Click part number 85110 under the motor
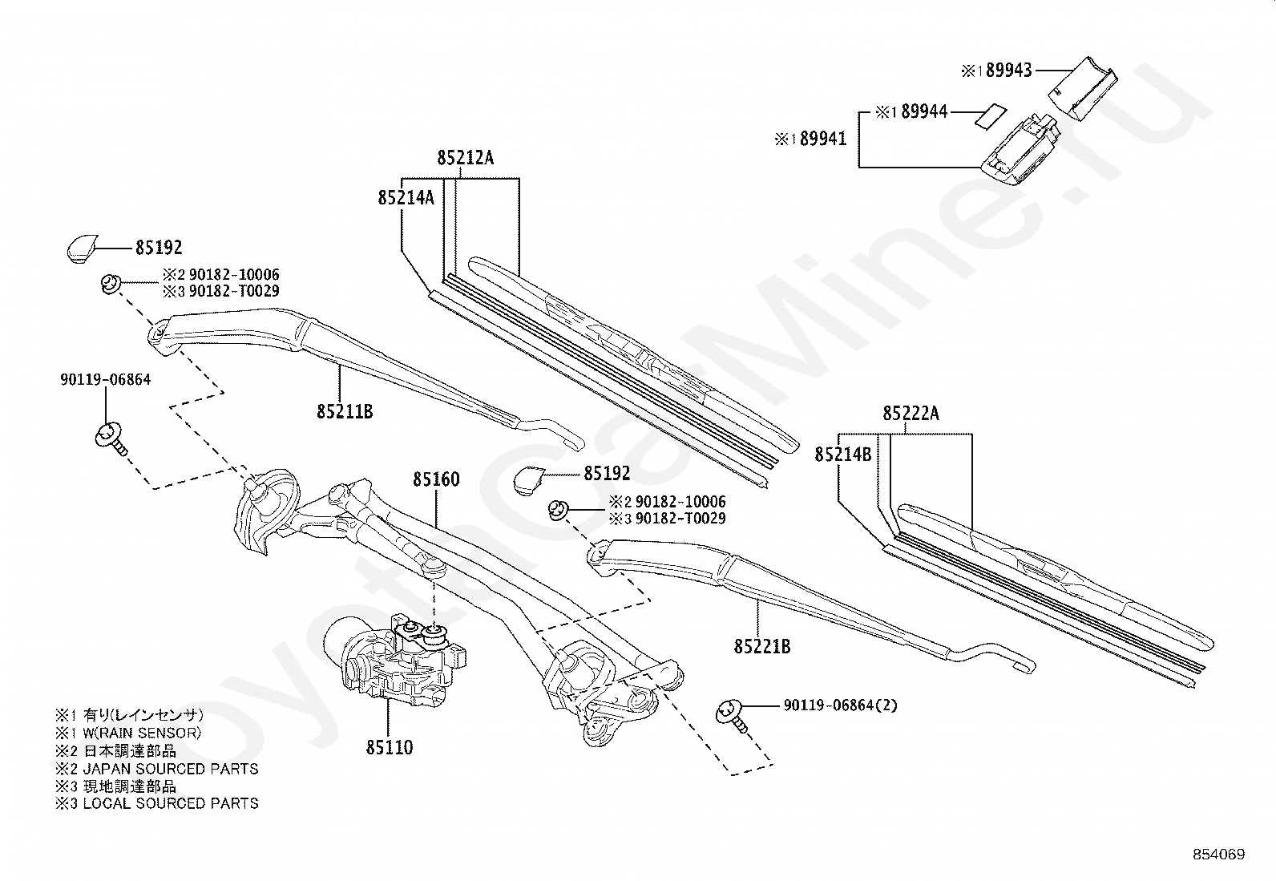[390, 747]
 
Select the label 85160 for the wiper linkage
[436, 479]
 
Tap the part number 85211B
[345, 412]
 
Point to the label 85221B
[761, 645]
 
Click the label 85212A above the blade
[466, 158]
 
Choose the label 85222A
[911, 414]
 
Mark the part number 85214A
[406, 197]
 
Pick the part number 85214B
[843, 455]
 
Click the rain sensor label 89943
[1008, 71]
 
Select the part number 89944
[924, 112]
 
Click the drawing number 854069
[1217, 855]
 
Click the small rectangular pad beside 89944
[988, 114]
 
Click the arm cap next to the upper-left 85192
[80, 248]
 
